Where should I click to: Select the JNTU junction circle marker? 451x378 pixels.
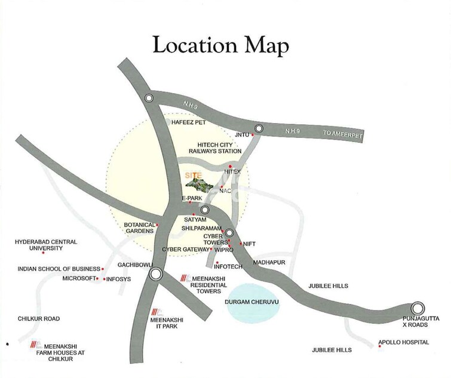[x=259, y=128]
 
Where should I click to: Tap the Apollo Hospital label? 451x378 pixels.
[x=404, y=342]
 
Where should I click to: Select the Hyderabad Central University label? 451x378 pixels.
[x=46, y=245]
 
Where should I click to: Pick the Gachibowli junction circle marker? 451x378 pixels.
[x=156, y=274]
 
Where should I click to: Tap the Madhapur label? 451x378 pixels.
[x=267, y=262]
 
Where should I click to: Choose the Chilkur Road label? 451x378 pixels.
[x=39, y=319]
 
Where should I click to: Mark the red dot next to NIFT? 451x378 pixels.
[x=241, y=244]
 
